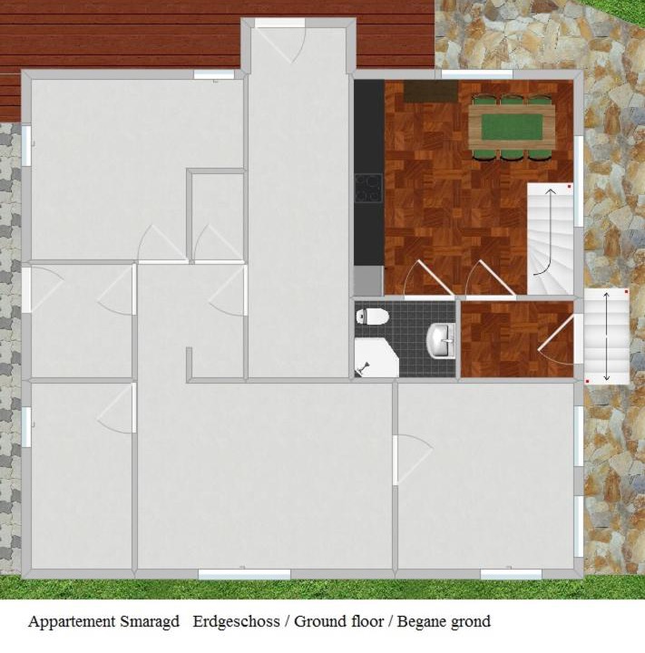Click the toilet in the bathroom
point(372,317)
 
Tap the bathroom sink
point(442,341)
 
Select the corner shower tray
point(376,357)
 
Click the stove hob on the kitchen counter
point(368,189)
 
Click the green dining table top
point(512,127)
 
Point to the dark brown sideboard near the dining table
point(431,92)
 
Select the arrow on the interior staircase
point(548,232)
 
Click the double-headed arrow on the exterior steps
point(606,336)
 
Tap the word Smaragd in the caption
point(150,622)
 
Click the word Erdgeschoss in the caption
point(236,621)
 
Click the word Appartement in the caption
point(72,622)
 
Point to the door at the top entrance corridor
point(280,41)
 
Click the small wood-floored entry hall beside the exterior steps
point(517,339)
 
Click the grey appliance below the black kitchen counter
point(368,280)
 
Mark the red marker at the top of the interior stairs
point(569,187)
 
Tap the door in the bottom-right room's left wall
point(413,459)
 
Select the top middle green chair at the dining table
point(512,100)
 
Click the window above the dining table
point(476,74)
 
